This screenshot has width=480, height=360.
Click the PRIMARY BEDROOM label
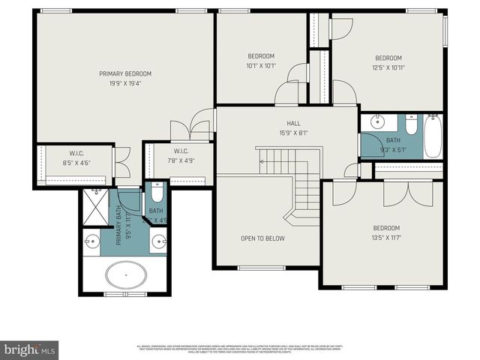[x=125, y=73]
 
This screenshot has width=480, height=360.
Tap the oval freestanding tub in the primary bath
[x=125, y=275]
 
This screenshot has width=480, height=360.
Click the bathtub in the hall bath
[x=433, y=136]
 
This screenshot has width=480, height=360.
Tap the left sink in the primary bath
[x=92, y=241]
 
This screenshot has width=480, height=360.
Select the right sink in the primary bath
[x=158, y=241]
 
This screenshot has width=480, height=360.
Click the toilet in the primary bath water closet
[x=155, y=193]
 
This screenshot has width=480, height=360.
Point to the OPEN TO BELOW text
[x=262, y=238]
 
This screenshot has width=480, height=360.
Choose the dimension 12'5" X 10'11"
[x=388, y=68]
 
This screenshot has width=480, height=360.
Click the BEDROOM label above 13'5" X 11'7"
[x=386, y=228]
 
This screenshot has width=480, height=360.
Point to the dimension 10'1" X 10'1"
[x=261, y=66]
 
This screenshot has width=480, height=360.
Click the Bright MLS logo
[x=30, y=349]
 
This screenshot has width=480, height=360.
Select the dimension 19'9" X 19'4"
[x=125, y=83]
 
